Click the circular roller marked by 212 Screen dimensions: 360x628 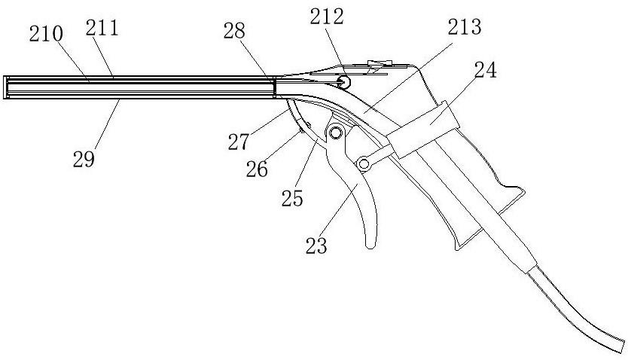pyautogui.click(x=343, y=80)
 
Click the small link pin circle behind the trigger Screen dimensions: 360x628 pyautogui.click(x=364, y=163)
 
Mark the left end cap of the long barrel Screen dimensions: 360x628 pyautogui.click(x=5, y=87)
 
